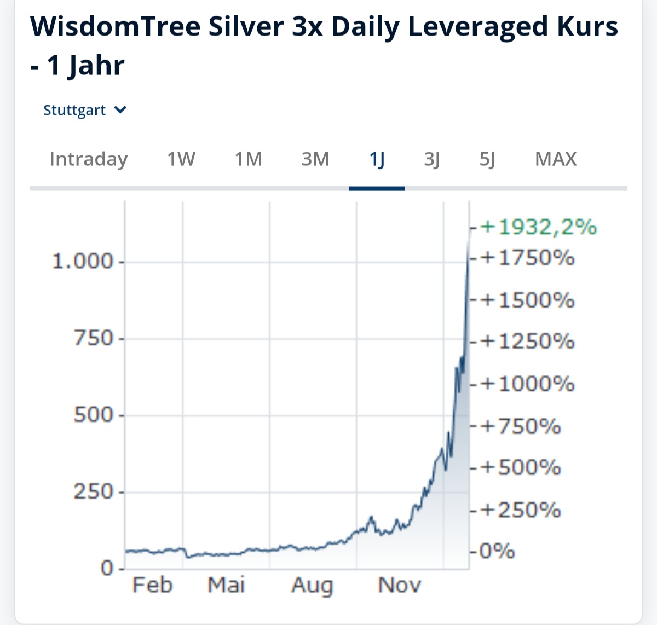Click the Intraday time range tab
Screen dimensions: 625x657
[88, 159]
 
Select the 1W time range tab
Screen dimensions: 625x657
[181, 159]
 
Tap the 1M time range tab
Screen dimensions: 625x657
[249, 159]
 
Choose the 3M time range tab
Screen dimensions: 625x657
[315, 159]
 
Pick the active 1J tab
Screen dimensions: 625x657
[377, 159]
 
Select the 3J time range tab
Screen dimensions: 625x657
[432, 159]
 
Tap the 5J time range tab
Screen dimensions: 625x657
[487, 159]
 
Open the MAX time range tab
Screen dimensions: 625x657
[556, 159]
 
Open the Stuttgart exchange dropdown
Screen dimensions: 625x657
[85, 110]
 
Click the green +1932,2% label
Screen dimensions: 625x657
[539, 227]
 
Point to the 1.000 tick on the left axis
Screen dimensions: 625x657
[82, 261]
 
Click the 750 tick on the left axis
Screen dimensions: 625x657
[93, 338]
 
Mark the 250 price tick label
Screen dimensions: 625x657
[93, 491]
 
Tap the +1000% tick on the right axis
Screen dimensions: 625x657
[528, 384]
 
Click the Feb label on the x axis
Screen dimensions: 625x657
[152, 585]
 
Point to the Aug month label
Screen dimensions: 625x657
[312, 585]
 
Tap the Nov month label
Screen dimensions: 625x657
[400, 585]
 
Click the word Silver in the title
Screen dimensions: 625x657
[246, 26]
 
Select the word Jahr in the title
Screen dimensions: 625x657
[96, 66]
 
